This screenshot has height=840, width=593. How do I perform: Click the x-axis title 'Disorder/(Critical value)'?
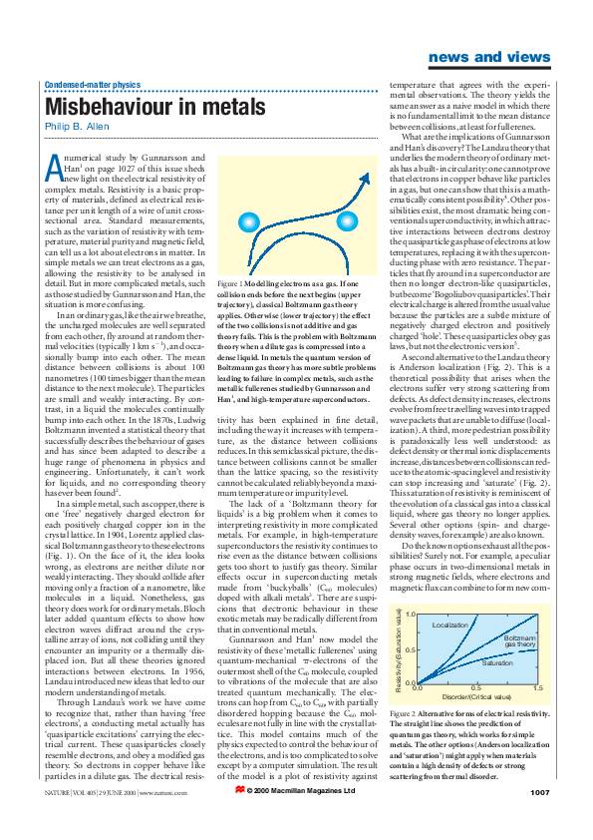tap(476, 669)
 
